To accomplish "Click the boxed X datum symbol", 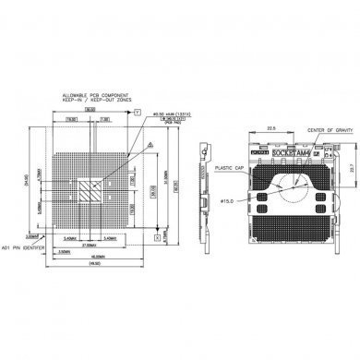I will tap(158, 237).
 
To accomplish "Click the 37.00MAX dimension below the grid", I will tap(90, 245).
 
